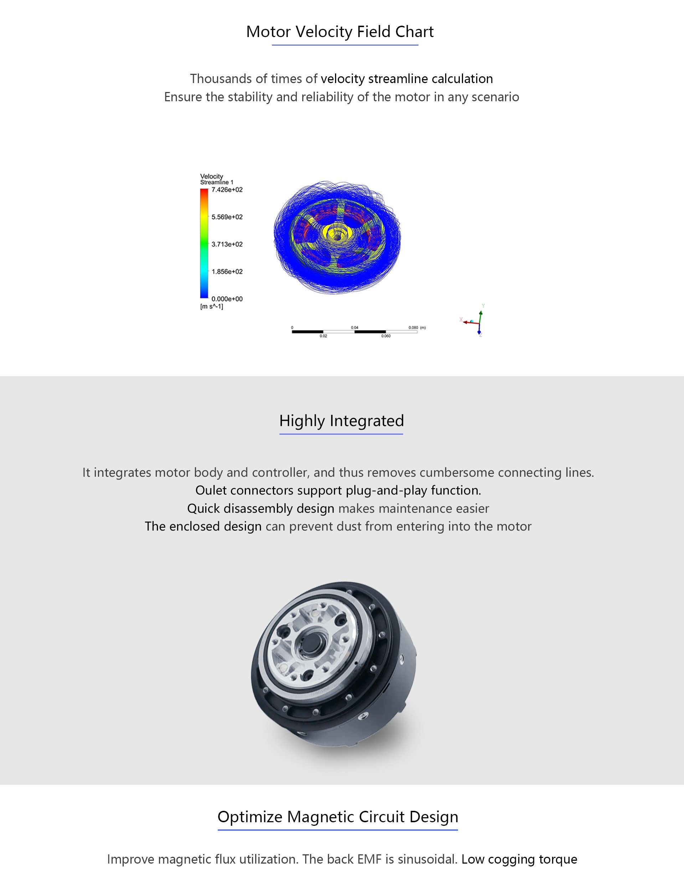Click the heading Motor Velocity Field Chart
pyautogui.click(x=340, y=32)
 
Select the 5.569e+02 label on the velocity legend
pyautogui.click(x=227, y=217)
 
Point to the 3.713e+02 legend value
pyautogui.click(x=227, y=244)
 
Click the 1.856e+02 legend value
pyautogui.click(x=227, y=272)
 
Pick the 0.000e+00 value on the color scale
pyautogui.click(x=227, y=299)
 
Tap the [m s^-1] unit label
pyautogui.click(x=211, y=307)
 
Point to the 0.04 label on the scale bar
pyautogui.click(x=354, y=328)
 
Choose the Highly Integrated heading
pyautogui.click(x=341, y=421)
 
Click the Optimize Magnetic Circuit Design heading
pyautogui.click(x=338, y=817)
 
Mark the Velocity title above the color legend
pyautogui.click(x=211, y=176)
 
